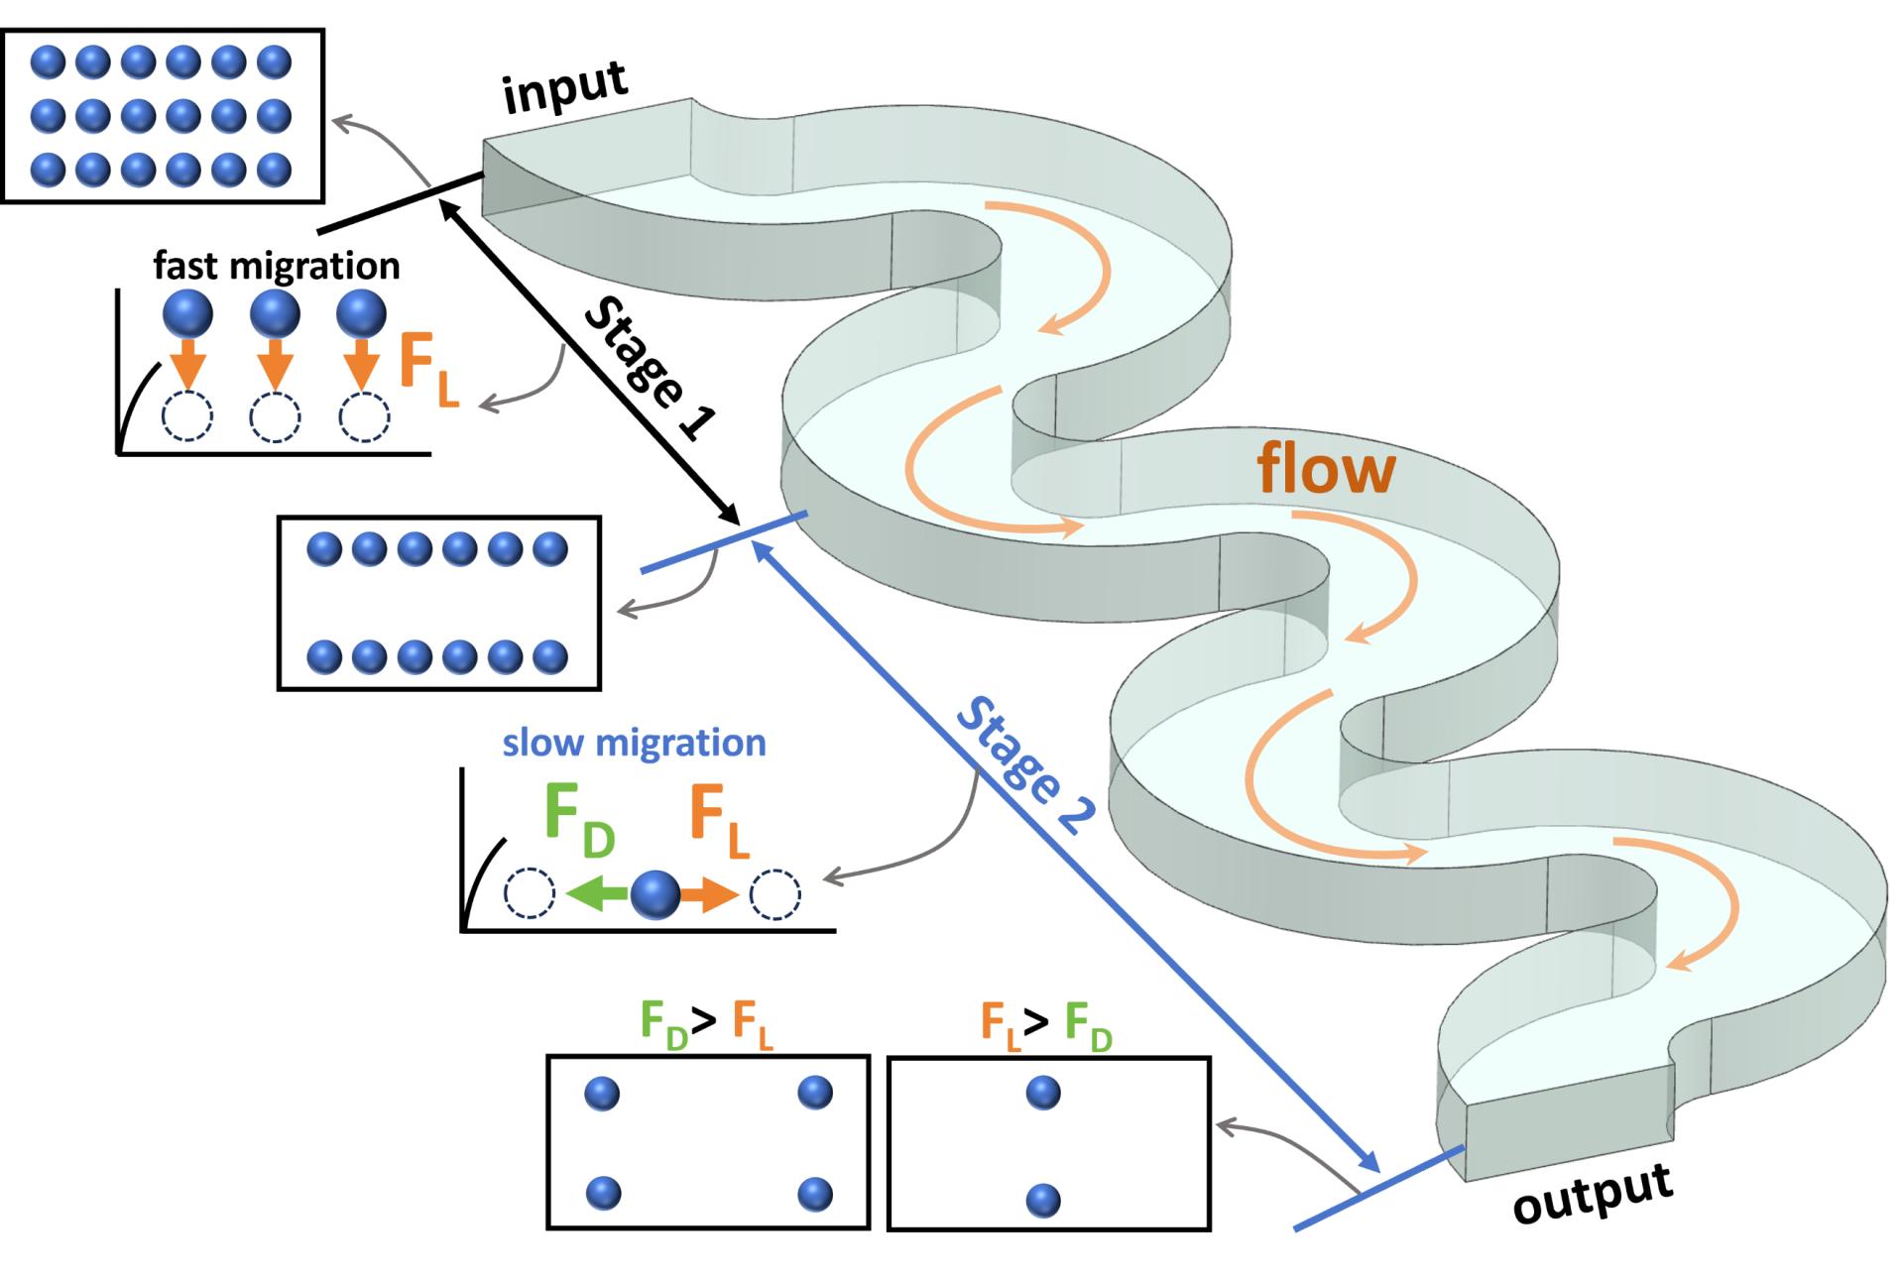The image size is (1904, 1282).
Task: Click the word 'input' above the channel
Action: (x=564, y=87)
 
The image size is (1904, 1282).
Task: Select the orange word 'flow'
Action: (x=1326, y=468)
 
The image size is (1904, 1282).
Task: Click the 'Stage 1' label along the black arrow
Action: (x=650, y=368)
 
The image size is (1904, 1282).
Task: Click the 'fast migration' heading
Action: (x=277, y=266)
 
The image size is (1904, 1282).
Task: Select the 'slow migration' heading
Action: (x=634, y=743)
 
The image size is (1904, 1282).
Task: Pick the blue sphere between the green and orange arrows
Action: (x=655, y=895)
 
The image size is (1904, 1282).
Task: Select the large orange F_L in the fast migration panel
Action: (x=429, y=370)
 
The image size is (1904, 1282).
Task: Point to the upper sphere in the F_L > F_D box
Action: (x=1043, y=1093)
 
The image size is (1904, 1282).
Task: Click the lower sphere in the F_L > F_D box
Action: (x=1043, y=1201)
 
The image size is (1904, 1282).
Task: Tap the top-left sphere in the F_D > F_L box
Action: (x=602, y=1094)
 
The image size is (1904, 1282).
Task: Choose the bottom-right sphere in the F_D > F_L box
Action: (x=815, y=1194)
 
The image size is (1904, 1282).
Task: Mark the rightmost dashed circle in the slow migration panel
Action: (x=774, y=895)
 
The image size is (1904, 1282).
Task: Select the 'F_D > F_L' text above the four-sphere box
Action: (x=705, y=1022)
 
